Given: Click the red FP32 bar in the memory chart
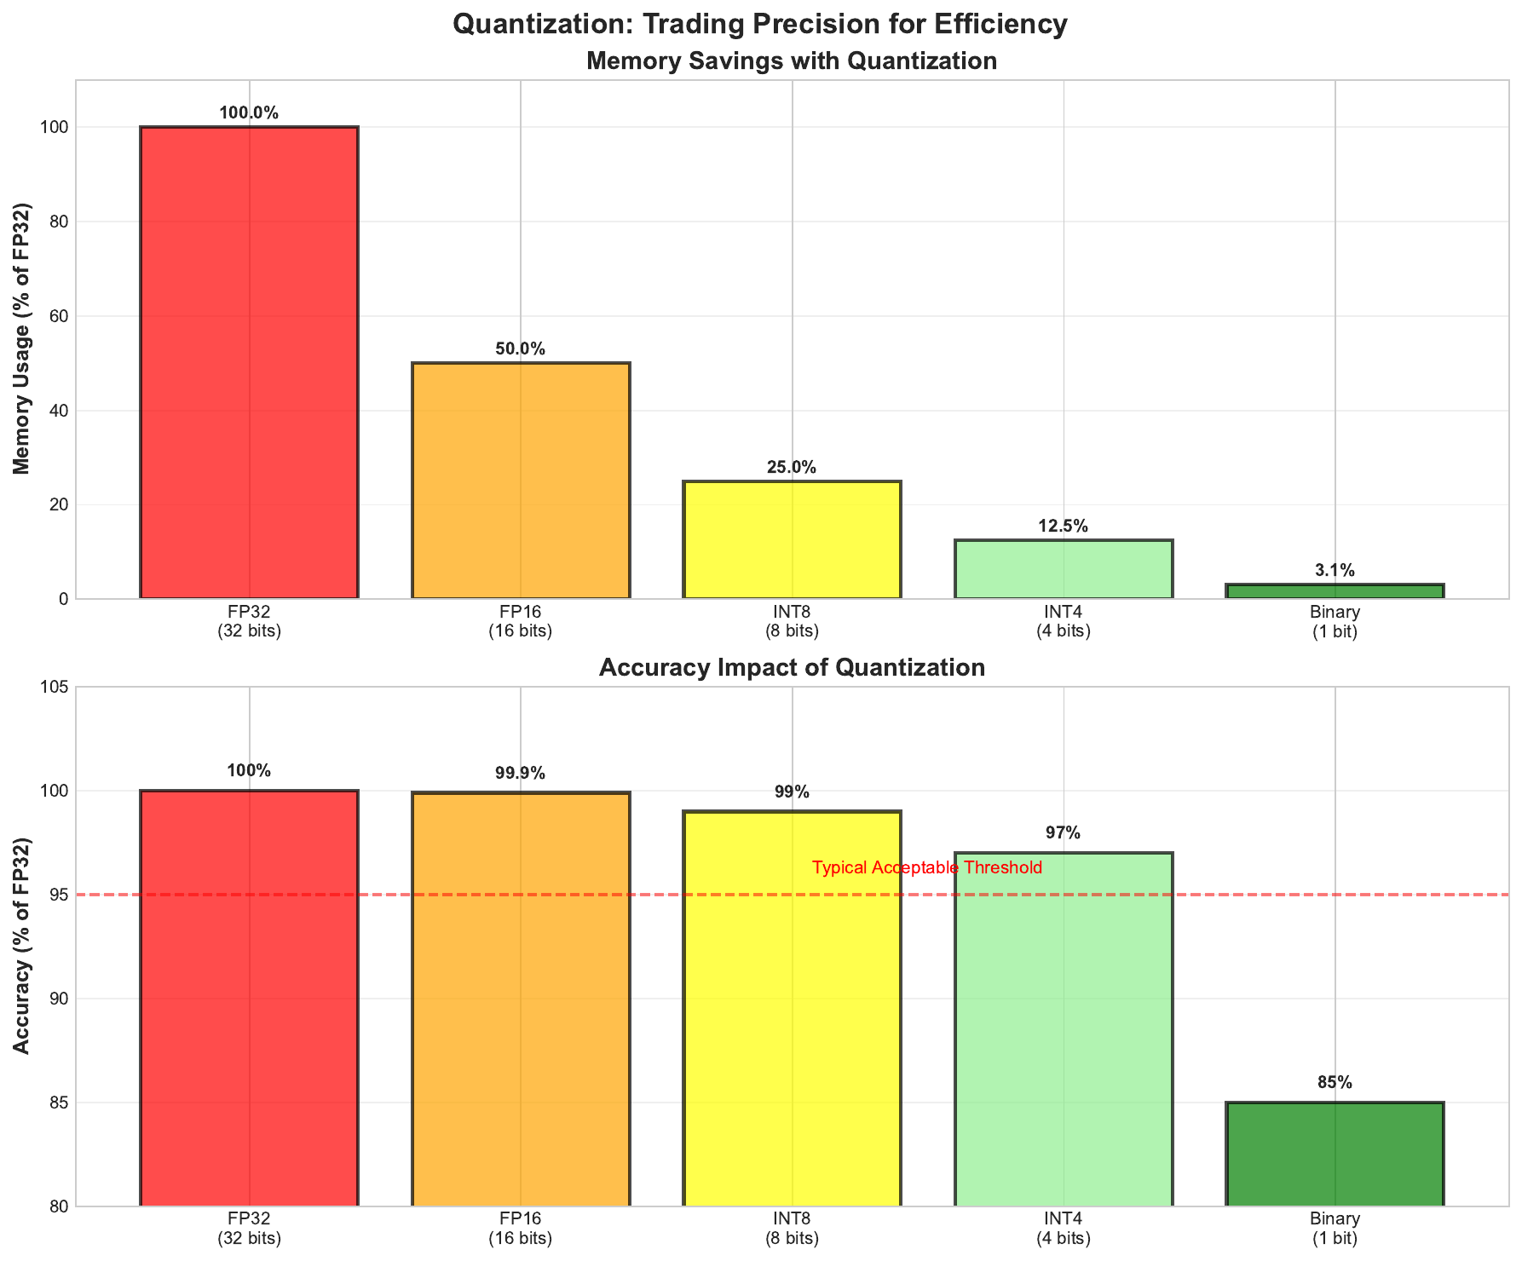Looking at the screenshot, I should (x=249, y=362).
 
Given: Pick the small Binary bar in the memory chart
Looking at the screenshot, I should (x=1335, y=591).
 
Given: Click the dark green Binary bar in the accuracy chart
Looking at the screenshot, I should (x=1335, y=1154).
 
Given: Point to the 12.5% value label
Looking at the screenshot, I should (x=1064, y=527).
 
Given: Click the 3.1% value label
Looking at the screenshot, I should (x=1335, y=571).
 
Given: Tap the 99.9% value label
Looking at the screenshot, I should (x=521, y=774).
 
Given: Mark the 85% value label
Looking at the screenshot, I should (x=1335, y=1083).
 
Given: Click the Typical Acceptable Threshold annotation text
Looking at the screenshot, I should (x=927, y=868).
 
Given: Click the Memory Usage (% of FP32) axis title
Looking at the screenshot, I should (x=23, y=339).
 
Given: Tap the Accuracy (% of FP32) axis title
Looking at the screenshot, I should (x=23, y=946).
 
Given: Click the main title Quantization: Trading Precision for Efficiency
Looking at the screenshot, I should (x=760, y=24).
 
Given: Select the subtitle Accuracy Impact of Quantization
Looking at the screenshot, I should (x=792, y=667).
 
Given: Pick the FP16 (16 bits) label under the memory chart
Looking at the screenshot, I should (x=521, y=621).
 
